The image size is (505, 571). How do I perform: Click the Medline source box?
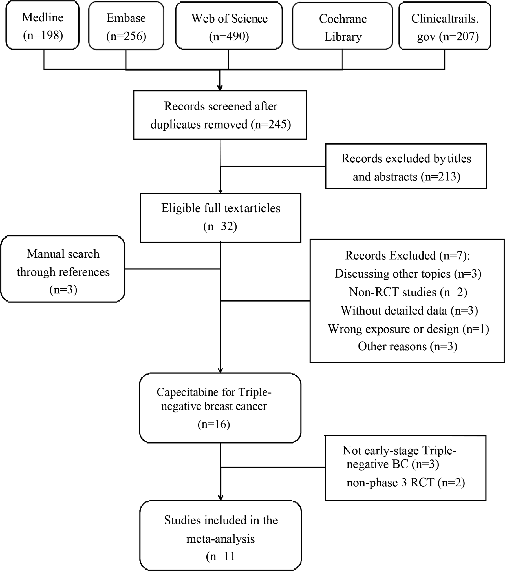(43, 26)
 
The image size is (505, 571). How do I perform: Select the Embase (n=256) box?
(126, 26)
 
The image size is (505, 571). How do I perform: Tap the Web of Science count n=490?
(229, 36)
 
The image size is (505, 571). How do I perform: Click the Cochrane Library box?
(342, 27)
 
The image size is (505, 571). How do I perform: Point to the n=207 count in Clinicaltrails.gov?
(459, 37)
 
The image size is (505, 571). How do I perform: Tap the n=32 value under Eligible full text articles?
(220, 226)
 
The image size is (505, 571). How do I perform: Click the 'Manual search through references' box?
(63, 269)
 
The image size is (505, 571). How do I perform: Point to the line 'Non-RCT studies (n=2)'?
(408, 292)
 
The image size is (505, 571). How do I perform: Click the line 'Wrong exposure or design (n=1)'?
(408, 329)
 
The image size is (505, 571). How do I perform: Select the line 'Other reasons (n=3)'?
(407, 346)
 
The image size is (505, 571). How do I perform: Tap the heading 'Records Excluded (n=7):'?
(407, 255)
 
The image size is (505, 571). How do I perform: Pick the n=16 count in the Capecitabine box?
(214, 424)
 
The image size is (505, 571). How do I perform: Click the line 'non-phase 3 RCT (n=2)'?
(405, 483)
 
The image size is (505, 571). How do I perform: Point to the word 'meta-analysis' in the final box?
(220, 539)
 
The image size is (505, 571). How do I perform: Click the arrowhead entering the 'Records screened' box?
(220, 88)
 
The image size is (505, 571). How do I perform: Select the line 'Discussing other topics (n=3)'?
(408, 274)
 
